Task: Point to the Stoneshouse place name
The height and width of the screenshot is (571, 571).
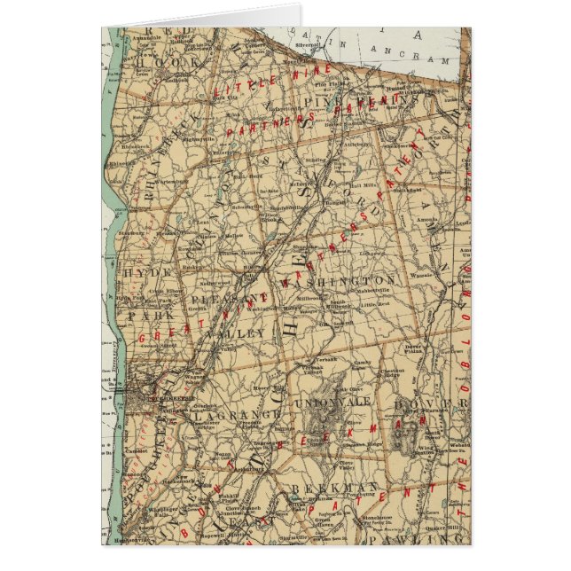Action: pos(403,512)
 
